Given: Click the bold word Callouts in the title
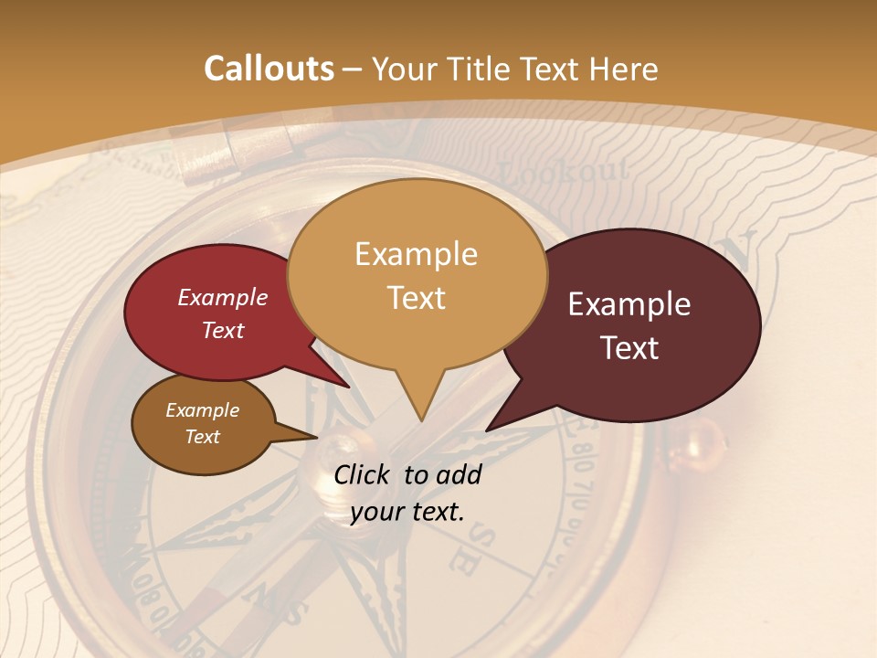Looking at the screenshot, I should [269, 69].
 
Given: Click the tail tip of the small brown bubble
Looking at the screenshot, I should [315, 437].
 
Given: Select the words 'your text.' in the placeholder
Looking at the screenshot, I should [407, 512].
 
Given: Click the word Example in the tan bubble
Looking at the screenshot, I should [416, 254].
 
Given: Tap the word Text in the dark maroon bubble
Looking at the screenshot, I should [630, 348].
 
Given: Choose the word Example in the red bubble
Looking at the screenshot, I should [223, 297].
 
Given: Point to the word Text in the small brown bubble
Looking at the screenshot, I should [203, 437].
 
